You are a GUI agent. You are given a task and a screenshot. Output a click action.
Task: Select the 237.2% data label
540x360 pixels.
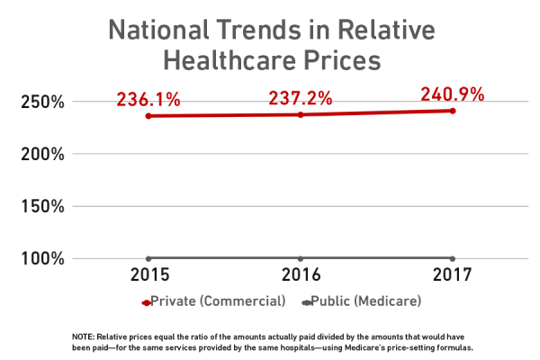(x=300, y=97)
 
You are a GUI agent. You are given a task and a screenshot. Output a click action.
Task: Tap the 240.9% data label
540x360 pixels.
(x=452, y=94)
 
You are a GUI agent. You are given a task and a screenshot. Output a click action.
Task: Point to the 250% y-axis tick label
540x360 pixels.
(x=42, y=102)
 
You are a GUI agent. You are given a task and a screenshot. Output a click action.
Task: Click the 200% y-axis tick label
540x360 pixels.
(x=42, y=154)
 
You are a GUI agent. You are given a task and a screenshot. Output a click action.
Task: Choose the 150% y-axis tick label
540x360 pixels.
(x=42, y=206)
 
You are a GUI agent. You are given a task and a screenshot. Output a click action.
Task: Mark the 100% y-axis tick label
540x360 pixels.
(x=42, y=259)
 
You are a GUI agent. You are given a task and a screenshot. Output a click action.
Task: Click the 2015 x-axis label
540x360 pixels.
(x=148, y=274)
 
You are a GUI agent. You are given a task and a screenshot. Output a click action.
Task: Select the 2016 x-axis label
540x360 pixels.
(x=301, y=274)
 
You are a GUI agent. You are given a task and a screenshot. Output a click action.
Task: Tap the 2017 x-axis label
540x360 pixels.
(x=452, y=274)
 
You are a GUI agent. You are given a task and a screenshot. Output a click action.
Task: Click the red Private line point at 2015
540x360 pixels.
(x=148, y=116)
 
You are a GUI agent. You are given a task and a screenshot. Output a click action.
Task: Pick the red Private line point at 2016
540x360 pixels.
(x=301, y=114)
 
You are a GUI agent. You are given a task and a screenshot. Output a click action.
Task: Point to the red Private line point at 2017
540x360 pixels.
(x=452, y=111)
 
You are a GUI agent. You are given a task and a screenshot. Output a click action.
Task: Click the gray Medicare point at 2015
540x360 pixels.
(x=148, y=259)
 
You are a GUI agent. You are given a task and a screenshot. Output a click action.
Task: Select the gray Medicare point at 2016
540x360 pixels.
(x=301, y=259)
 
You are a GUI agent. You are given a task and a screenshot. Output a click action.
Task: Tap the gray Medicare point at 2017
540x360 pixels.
(x=452, y=259)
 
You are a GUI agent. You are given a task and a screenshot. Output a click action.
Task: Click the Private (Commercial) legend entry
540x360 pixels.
(x=214, y=300)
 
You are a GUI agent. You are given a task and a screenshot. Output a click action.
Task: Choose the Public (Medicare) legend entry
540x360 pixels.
(x=354, y=300)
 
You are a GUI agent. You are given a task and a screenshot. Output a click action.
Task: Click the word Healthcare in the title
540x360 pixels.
(x=223, y=63)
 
